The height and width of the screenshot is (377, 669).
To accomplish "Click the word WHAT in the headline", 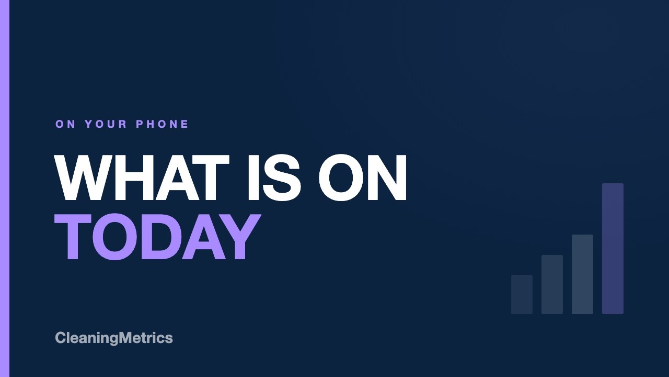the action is (x=142, y=178).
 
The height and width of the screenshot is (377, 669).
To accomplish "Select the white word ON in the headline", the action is (x=363, y=178).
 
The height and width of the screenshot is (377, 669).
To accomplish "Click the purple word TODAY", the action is (x=157, y=236).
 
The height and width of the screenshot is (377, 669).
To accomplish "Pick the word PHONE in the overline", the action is (x=162, y=124).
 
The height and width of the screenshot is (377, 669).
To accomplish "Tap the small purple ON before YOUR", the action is (x=65, y=124).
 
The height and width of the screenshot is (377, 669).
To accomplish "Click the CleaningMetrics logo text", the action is (x=114, y=338).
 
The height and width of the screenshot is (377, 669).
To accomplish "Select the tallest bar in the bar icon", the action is (x=613, y=249).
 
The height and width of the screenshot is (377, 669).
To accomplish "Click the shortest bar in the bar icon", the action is (x=522, y=294).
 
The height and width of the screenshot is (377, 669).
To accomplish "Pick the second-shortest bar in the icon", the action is (x=552, y=284).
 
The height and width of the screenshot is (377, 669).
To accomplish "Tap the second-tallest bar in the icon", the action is (x=582, y=274).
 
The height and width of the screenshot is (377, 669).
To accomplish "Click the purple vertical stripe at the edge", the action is (x=5, y=188).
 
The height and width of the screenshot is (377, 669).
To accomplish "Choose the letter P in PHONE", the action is (x=140, y=124).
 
